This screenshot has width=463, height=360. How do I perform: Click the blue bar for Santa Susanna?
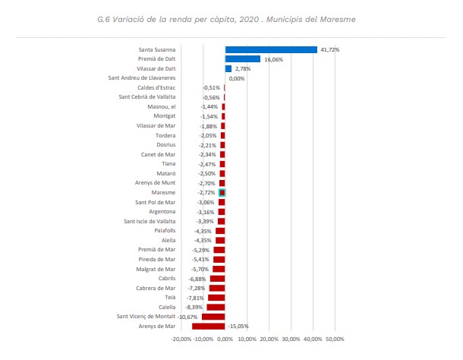pos(271,50)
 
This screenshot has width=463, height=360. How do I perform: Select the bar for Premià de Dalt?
pos(242,59)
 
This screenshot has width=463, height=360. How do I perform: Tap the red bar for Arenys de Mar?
pos(209,326)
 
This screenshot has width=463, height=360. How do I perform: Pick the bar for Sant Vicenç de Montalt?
pos(213,316)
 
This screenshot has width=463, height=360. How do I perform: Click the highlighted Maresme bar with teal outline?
pos(222,193)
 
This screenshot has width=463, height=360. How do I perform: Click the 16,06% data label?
pos(272,59)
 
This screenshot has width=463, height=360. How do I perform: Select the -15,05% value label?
pos(238,326)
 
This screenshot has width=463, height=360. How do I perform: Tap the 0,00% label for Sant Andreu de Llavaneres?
pos(237,78)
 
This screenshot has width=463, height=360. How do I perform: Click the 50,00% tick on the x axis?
pos(334,339)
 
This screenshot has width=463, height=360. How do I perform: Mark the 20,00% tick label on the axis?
pos(269,339)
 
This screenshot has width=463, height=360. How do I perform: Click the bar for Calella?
pos(216,307)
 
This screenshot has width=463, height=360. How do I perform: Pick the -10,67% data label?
pos(188,316)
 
